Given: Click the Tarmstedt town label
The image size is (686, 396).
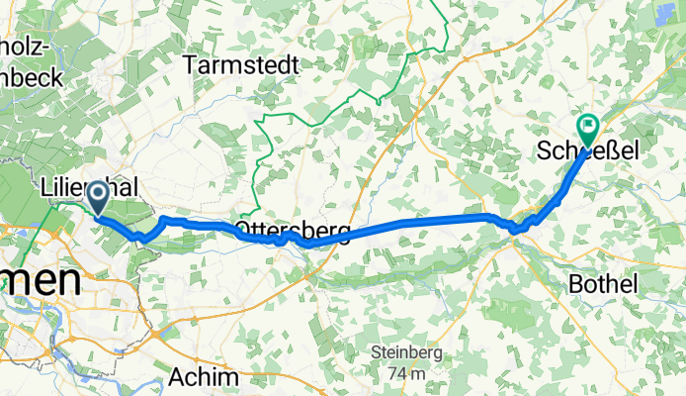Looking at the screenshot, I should (x=242, y=64).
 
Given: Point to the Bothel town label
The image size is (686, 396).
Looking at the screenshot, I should (x=603, y=283).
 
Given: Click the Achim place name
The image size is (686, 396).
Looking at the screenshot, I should (x=204, y=377).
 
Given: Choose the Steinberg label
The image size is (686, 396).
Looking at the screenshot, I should (x=406, y=353).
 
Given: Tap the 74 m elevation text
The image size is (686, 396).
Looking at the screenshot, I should (x=406, y=373).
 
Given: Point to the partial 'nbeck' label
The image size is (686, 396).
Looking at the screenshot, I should (x=30, y=77).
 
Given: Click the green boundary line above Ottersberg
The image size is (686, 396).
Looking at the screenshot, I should (x=255, y=158).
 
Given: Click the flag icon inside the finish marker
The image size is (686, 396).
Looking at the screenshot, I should (x=588, y=125).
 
